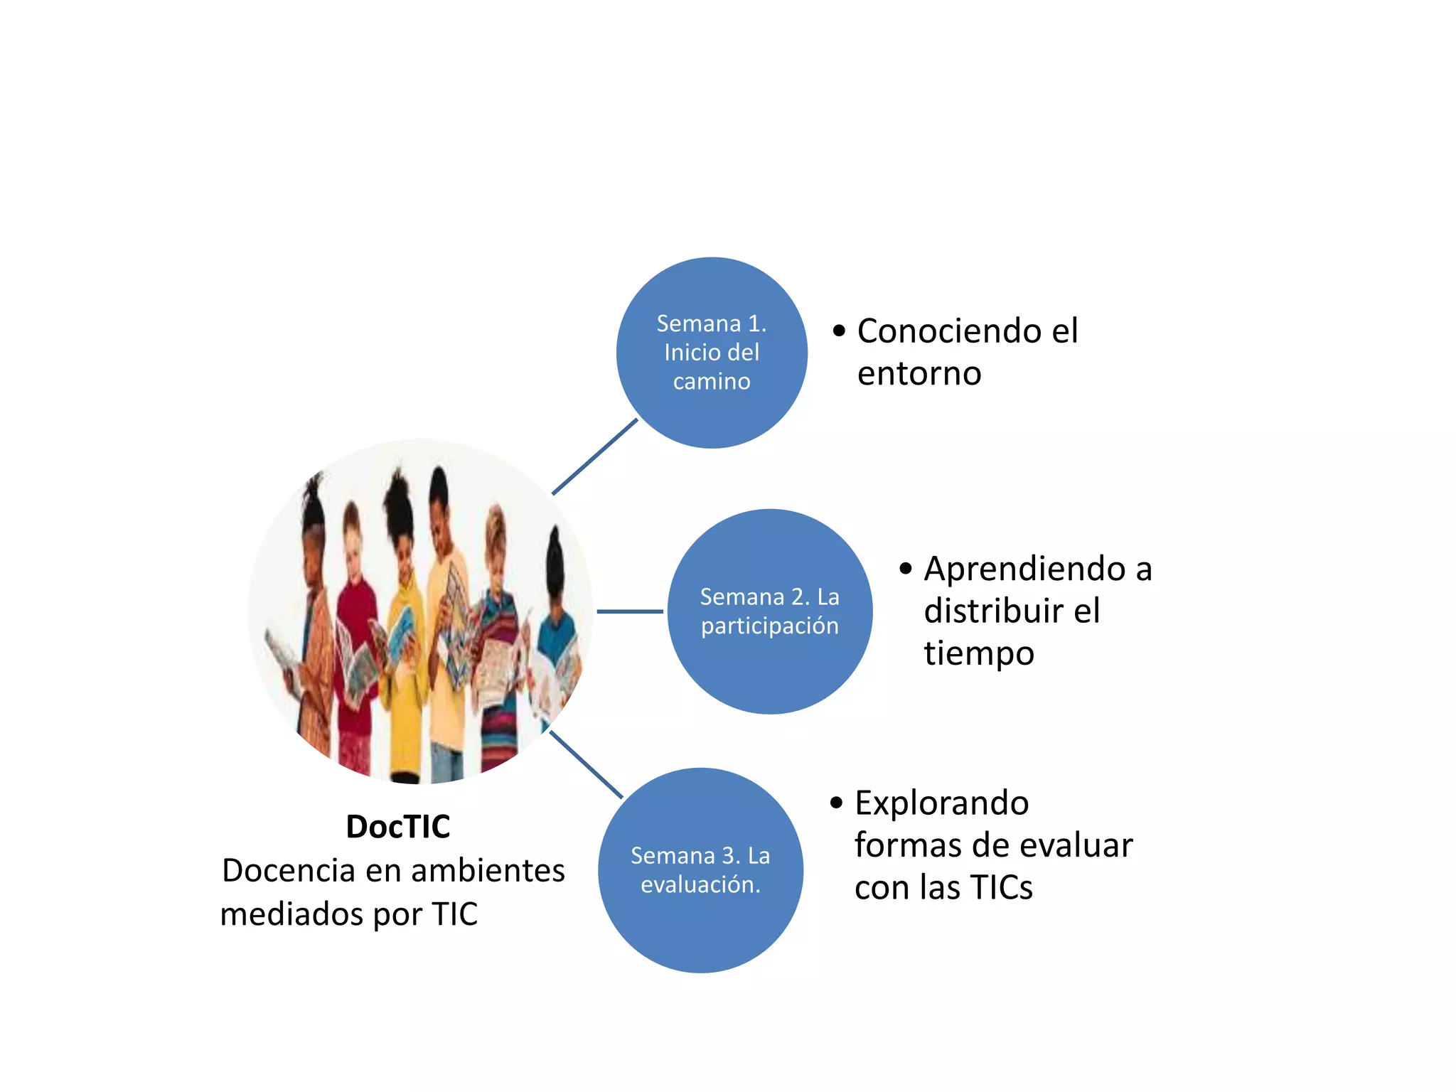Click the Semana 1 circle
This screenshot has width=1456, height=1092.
click(x=712, y=353)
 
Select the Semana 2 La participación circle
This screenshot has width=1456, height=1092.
click(x=770, y=611)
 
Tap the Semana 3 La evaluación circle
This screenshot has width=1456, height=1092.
click(x=701, y=870)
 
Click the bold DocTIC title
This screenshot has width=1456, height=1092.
click(x=398, y=827)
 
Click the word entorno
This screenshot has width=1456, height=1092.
click(x=919, y=374)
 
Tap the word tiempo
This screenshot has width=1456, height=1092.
click(x=979, y=653)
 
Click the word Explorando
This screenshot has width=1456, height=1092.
click(x=941, y=803)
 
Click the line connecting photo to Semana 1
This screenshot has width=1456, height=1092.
click(x=595, y=456)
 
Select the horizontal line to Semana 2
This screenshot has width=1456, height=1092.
click(x=630, y=611)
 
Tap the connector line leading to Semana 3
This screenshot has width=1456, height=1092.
click(x=587, y=765)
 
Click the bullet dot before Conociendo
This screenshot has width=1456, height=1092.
click(x=840, y=331)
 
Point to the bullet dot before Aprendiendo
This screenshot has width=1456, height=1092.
click(x=906, y=569)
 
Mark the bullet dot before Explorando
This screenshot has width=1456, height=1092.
click(x=837, y=803)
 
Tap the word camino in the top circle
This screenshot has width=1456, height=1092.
click(x=712, y=382)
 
